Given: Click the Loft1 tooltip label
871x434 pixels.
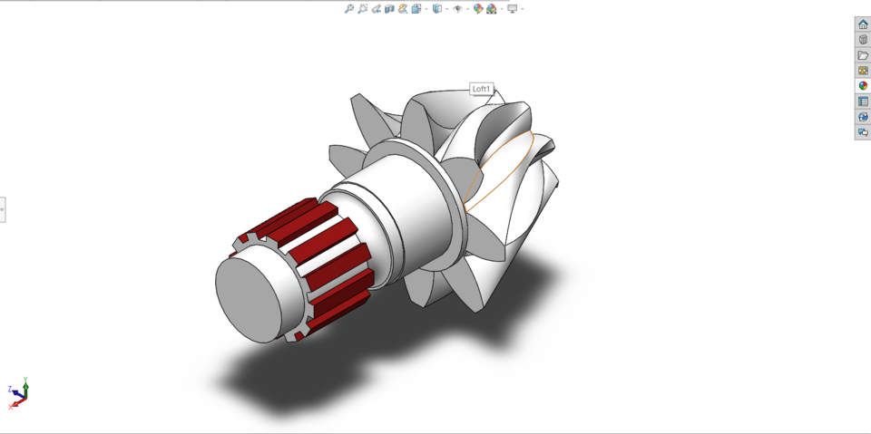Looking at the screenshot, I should [481, 89].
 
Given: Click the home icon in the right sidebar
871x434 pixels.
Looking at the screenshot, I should [863, 24].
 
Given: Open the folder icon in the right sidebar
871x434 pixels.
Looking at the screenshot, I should [863, 55].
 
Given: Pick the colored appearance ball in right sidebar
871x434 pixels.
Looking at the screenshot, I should [863, 86].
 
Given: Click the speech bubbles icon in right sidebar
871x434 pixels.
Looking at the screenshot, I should [863, 132].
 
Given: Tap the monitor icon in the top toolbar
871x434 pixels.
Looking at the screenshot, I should [513, 9].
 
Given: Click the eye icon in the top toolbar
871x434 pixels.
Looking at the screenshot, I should [457, 9].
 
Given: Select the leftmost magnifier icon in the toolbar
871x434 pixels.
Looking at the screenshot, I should [349, 9].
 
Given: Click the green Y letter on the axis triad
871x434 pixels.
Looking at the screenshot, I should [25, 381].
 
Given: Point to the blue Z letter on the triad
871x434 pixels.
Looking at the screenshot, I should [10, 390].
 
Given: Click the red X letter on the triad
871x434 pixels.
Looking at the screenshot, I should [11, 407].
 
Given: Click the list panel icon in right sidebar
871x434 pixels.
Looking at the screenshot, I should [863, 101].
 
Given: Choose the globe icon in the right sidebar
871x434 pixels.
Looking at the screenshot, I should [863, 117].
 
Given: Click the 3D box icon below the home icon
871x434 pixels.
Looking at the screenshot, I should [863, 40].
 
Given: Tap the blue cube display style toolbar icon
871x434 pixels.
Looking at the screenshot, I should [436, 9].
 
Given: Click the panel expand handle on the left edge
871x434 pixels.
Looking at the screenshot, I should [3, 209].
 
